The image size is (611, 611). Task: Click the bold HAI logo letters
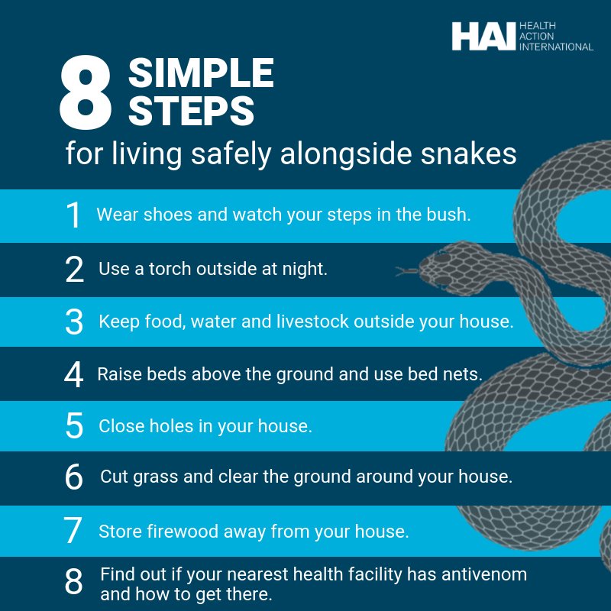[483, 36]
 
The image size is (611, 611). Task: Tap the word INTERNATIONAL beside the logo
[556, 47]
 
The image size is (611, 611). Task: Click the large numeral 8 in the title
[86, 92]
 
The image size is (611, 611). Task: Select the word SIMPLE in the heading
[201, 73]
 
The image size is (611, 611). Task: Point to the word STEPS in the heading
[192, 111]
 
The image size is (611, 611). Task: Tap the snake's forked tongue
[407, 270]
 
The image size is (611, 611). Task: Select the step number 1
[73, 215]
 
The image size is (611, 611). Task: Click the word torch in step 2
[170, 269]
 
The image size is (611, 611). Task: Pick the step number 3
[74, 322]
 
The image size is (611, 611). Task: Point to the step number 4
[73, 374]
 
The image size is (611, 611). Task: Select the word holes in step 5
[171, 426]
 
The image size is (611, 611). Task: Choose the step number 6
[74, 477]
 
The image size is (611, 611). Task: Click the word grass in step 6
[156, 477]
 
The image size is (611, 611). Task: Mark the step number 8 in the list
[73, 581]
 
